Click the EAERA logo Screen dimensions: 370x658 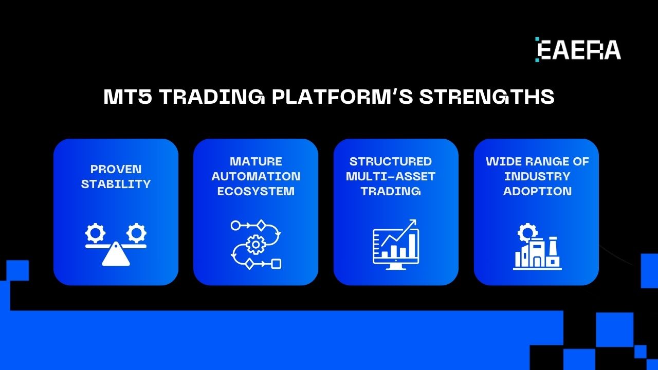578,50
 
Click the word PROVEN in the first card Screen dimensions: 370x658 116,169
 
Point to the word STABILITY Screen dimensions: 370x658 116,184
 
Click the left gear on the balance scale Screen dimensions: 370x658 95,233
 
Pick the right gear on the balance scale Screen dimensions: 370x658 136,233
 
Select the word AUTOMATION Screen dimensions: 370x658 255,176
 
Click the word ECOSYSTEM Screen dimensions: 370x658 255,191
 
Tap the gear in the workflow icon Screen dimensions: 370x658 255,245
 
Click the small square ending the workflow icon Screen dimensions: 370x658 276,264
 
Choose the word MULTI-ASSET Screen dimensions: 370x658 391,176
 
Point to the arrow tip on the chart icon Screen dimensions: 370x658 414,221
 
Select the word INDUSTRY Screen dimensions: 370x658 537,176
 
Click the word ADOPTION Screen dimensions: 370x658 537,191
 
